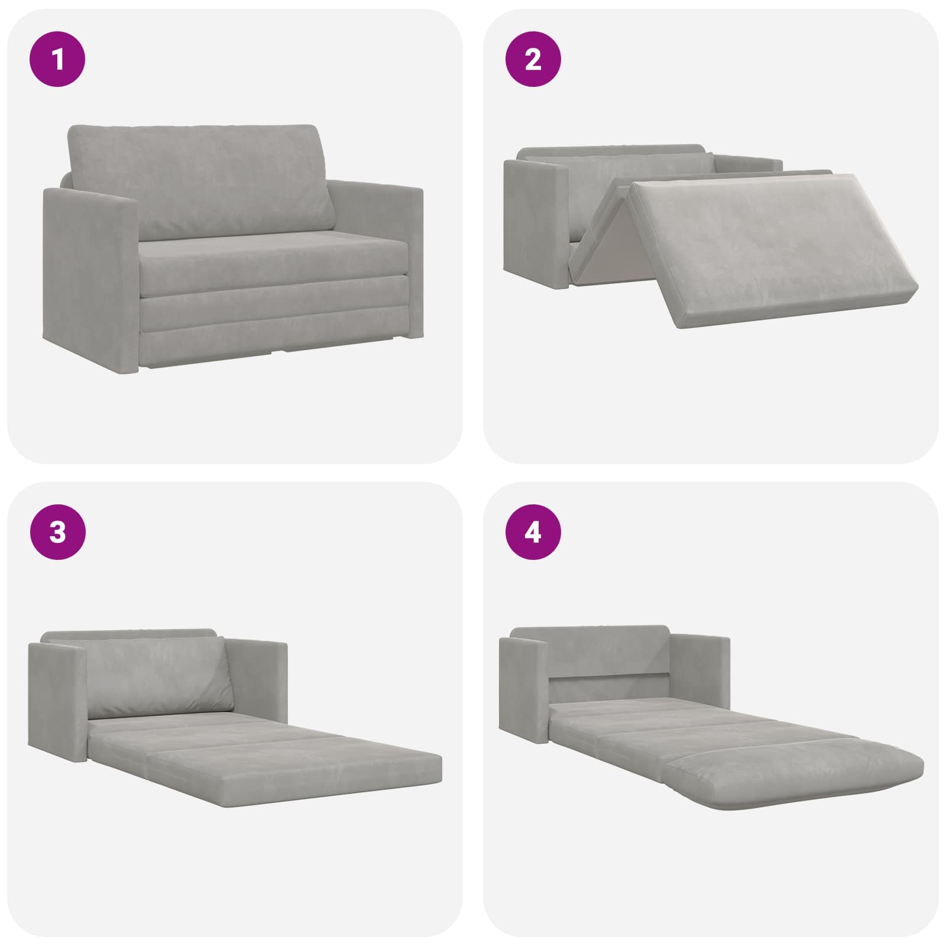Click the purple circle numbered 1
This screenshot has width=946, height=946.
pos(57,59)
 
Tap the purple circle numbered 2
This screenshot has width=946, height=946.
pos(533,59)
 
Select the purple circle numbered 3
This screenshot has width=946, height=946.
pos(57,532)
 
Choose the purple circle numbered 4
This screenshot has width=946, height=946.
pos(533,532)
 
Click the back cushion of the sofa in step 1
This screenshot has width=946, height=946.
pos(201,180)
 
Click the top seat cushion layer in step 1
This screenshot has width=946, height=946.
pos(275,260)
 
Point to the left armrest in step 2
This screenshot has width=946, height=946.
pos(535,225)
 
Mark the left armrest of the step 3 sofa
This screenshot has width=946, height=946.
pos(59,701)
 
